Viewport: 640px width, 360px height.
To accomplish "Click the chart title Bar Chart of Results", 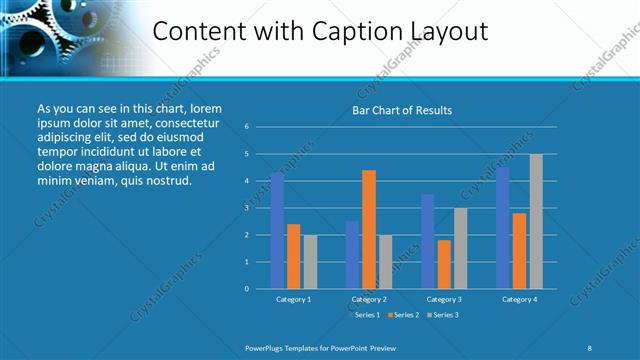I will (402, 110).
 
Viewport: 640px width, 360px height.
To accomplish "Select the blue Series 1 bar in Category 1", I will (277, 230).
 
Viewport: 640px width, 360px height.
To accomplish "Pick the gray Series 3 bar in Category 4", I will (536, 221).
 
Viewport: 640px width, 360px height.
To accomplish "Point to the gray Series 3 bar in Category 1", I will (310, 261).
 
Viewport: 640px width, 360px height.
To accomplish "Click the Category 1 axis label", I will (294, 299).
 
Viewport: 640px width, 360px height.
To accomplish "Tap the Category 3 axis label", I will (444, 299).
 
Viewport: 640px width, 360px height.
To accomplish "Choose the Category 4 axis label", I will (519, 299).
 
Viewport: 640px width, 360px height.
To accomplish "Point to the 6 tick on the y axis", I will (246, 127).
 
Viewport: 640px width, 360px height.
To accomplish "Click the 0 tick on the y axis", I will (246, 289).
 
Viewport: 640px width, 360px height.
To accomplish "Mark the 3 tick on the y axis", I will (246, 208).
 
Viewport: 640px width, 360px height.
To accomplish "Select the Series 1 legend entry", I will (365, 315).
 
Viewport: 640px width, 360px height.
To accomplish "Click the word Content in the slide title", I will (194, 31).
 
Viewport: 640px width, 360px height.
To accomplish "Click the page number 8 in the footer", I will (589, 347).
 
